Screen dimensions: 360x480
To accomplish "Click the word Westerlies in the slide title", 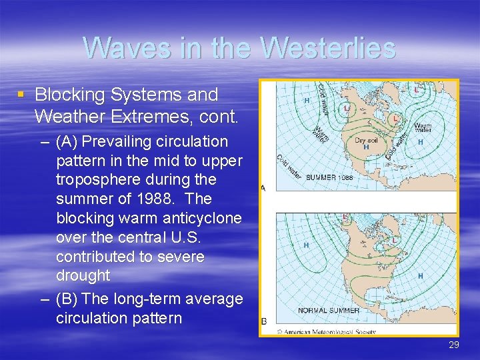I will point(329,48).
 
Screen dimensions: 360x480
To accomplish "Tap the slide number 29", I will point(453,345).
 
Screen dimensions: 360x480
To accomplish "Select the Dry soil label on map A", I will point(366,140).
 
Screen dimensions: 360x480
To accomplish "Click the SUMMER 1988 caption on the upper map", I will point(329,177).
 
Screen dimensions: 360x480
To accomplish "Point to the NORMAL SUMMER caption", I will point(329,310).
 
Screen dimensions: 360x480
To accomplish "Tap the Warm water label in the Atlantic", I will point(423,127).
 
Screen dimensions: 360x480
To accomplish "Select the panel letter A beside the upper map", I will point(263,188).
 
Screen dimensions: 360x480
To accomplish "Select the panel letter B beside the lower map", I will point(263,322).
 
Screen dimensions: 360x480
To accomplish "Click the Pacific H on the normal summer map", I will point(306,245).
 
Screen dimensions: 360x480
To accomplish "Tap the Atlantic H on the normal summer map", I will point(420,275).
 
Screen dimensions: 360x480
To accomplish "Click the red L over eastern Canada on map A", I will point(395,118).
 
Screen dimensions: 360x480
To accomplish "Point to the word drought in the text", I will point(83,275).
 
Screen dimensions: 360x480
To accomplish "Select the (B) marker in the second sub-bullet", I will point(67,299).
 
